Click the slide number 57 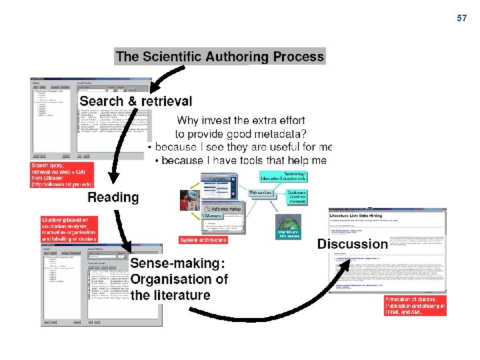pos(462,18)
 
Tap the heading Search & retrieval pos(136,101)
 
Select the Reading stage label pos(113,197)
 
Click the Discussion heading pos(352,244)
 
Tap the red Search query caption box pos(62,175)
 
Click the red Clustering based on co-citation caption pos(69,229)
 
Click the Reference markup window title pos(227,209)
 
